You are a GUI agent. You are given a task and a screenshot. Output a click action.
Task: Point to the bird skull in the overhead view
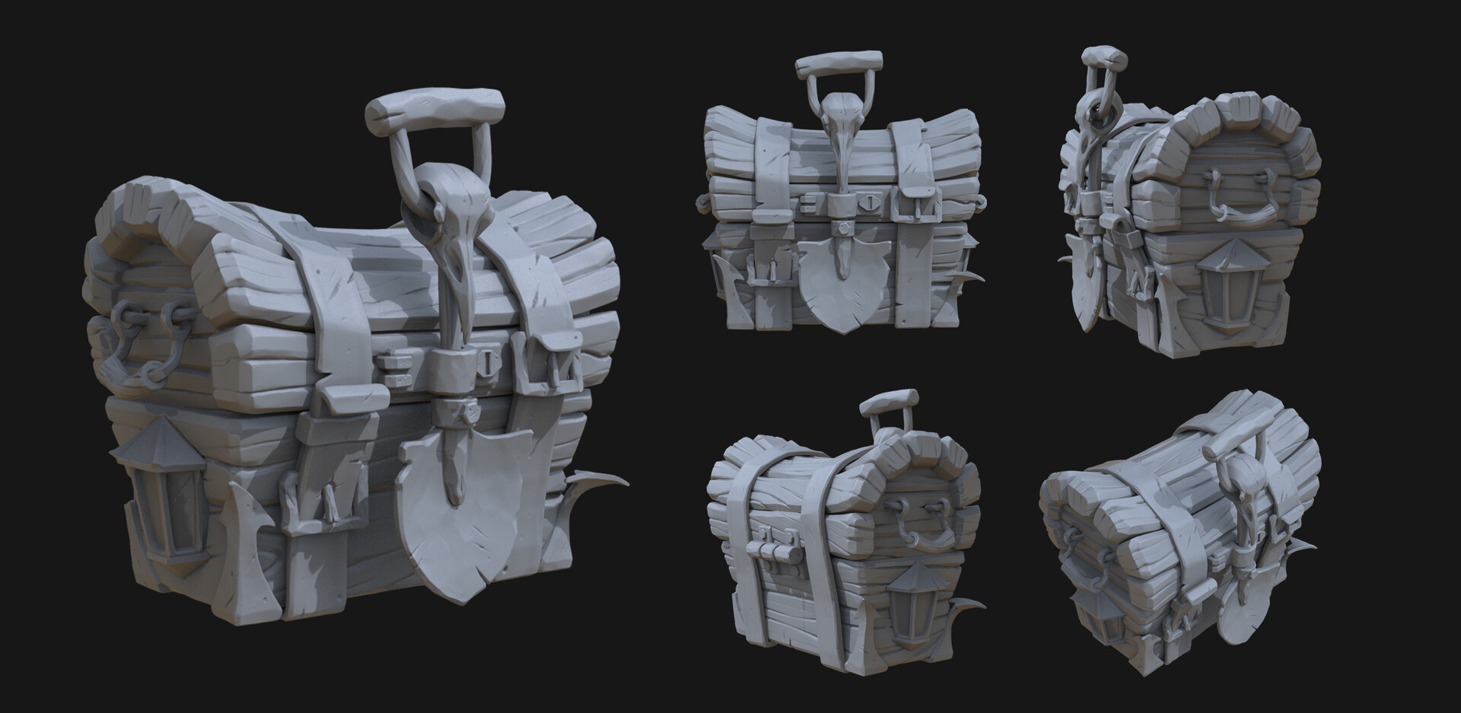coord(1250,495)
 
